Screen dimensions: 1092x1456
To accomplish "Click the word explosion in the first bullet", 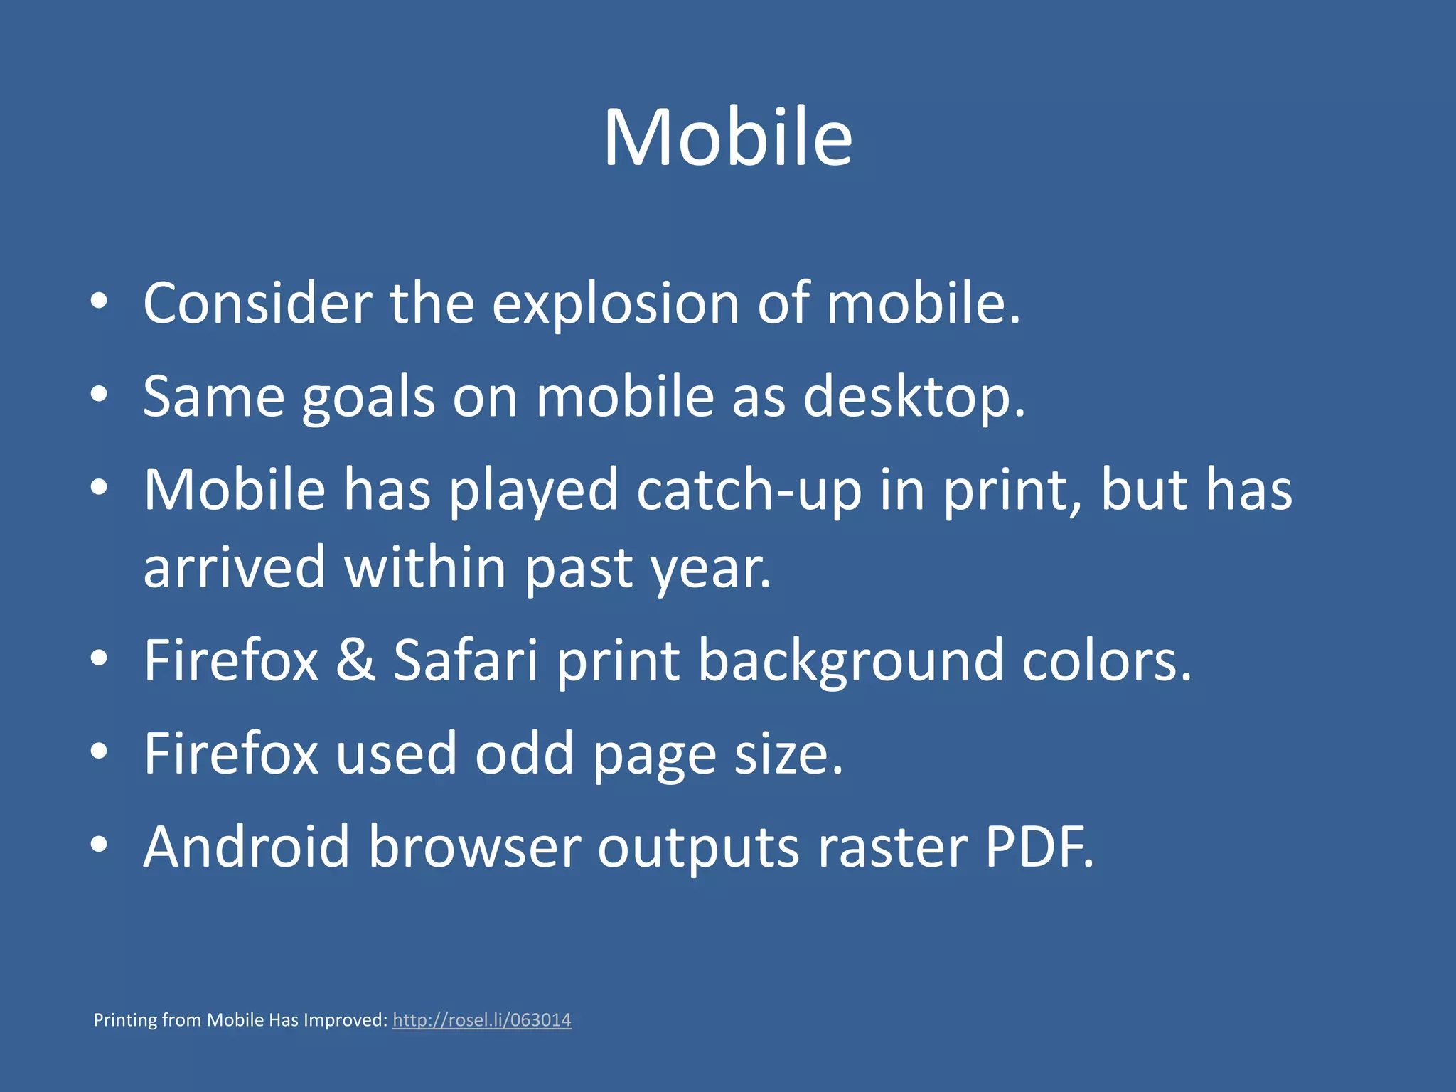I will point(616,304).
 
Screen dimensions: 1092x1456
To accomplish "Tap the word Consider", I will point(257,304).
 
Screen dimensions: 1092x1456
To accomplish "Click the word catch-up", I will point(749,490).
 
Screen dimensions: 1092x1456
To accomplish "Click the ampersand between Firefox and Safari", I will point(355,660).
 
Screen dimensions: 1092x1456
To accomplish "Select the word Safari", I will point(466,660).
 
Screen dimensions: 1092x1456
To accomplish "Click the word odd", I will point(524,754).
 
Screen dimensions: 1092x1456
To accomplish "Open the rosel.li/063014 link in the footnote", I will point(481,1020).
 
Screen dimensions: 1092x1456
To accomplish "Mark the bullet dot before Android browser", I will point(99,845).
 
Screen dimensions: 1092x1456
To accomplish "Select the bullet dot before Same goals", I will point(99,395).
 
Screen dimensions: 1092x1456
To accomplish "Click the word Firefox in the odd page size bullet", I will point(231,754).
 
